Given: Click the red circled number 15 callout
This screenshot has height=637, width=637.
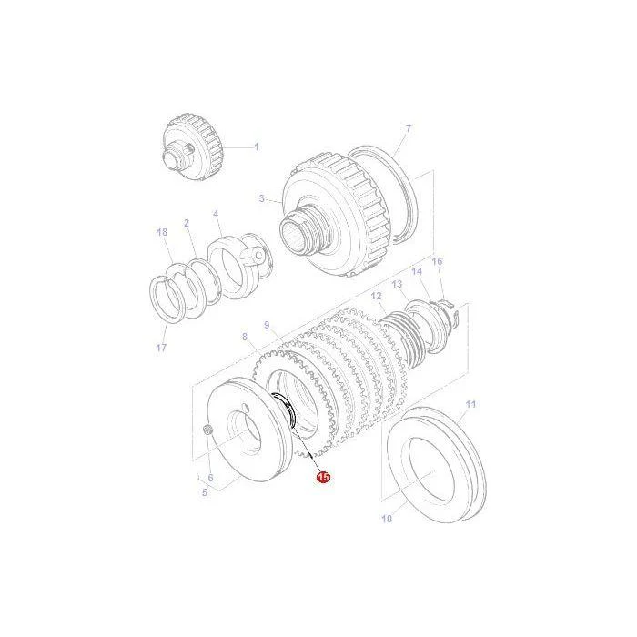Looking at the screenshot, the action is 324,478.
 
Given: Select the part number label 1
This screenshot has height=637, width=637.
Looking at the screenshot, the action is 257,147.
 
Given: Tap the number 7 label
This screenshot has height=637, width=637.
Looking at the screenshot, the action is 409,128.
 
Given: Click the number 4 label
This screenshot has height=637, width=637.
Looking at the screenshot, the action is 216,214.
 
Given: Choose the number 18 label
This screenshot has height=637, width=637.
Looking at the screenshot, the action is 162,232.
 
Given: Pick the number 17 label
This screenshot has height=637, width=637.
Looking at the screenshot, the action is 161,348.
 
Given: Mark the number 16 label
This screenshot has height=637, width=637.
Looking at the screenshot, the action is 437,261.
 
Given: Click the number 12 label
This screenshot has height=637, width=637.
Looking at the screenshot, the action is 376,296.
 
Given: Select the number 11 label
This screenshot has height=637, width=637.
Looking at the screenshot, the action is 470,405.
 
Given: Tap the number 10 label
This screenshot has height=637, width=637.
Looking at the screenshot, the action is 387,519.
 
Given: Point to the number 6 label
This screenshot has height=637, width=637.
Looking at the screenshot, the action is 210,478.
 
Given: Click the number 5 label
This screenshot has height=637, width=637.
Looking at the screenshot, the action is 205,493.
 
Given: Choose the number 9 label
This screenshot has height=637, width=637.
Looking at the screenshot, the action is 267,325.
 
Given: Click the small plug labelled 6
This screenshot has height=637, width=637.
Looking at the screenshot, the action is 207,429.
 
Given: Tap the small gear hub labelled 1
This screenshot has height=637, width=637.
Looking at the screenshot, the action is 193,147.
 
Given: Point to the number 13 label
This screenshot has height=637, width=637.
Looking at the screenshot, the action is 397,284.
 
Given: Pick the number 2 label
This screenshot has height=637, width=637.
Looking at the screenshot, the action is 187,223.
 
